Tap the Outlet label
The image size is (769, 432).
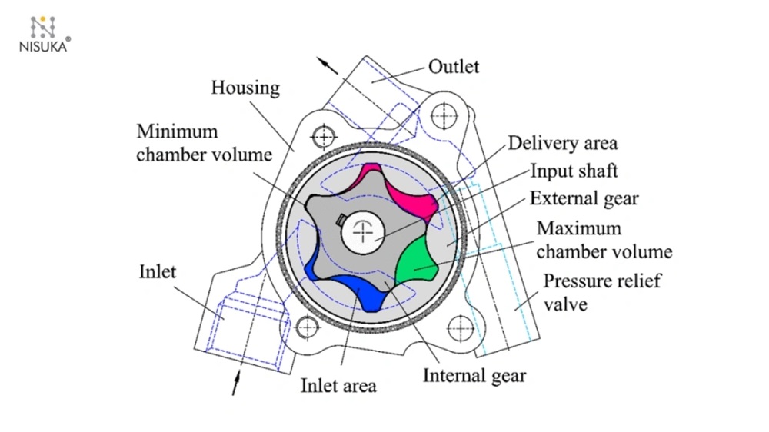pos(454,67)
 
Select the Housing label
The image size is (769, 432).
pos(245,88)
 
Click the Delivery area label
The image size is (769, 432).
pos(562,143)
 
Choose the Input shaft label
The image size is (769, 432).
pos(569,170)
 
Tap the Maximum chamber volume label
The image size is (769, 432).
pos(604,240)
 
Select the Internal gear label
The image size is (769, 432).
pos(474,375)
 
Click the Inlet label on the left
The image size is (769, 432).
pos(158,271)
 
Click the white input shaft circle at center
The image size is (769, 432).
pos(365,230)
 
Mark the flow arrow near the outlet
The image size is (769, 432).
pos(329,65)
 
